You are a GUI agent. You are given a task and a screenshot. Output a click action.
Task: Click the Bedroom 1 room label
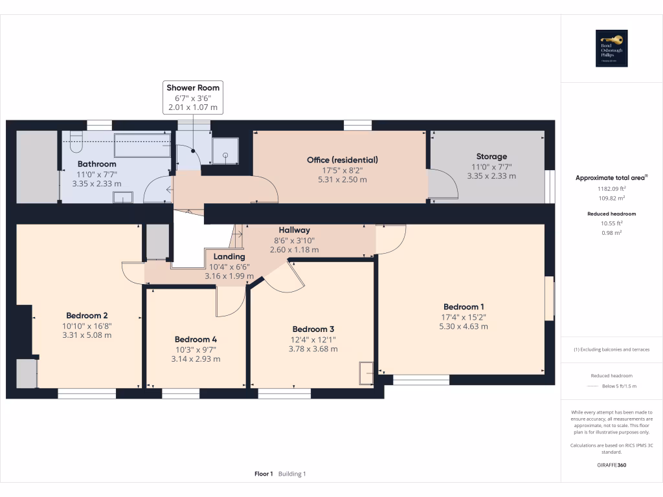[463, 307]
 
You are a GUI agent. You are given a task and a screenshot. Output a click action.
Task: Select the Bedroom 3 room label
[313, 329]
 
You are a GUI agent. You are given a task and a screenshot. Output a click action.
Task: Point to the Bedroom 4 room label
[196, 339]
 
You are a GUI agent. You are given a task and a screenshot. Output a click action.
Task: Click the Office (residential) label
[342, 159]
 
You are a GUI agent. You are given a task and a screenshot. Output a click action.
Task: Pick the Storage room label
[491, 156]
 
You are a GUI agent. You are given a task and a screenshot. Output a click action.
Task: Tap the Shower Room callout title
[193, 87]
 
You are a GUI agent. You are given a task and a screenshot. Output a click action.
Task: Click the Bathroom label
[97, 164]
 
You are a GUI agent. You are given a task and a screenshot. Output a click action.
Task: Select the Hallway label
[294, 230]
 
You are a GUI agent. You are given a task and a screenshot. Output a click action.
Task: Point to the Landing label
[229, 256]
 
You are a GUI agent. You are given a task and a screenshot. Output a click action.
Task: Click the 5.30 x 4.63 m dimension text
[463, 327]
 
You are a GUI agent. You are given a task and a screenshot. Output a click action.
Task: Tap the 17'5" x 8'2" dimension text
[342, 170]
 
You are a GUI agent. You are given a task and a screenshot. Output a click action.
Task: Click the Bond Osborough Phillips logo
[611, 49]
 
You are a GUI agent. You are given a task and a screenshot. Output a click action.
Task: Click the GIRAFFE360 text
[612, 465]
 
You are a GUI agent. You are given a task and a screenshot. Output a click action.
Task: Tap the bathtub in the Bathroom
[142, 145]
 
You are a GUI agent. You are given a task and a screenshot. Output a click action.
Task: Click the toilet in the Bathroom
[74, 138]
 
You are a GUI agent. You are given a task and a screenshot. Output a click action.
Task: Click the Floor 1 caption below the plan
[264, 474]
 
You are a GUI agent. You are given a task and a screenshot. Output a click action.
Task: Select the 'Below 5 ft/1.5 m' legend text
[620, 386]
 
